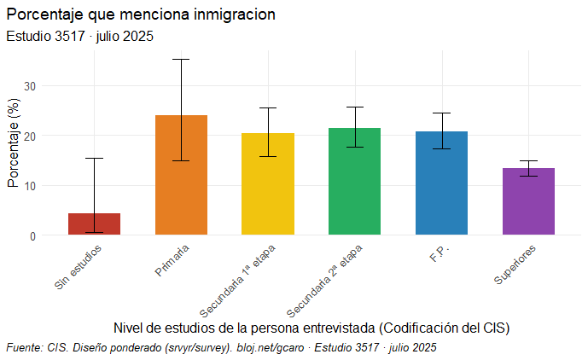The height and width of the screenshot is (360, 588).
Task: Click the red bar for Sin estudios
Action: (x=94, y=224)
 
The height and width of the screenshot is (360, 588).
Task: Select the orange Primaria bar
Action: (x=181, y=175)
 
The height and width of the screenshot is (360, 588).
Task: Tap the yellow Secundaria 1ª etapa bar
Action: (x=268, y=183)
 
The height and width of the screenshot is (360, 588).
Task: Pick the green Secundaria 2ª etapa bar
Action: (x=354, y=181)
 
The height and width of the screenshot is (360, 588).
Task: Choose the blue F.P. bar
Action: (x=441, y=183)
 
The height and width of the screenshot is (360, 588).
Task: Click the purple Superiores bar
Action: (x=528, y=201)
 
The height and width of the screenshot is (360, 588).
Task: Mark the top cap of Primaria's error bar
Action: (x=181, y=60)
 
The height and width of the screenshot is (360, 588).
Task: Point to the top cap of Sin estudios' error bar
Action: (x=94, y=158)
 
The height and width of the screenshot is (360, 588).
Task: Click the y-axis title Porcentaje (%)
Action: (x=13, y=142)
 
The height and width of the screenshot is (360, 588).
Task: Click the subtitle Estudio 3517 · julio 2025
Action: (x=79, y=36)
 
